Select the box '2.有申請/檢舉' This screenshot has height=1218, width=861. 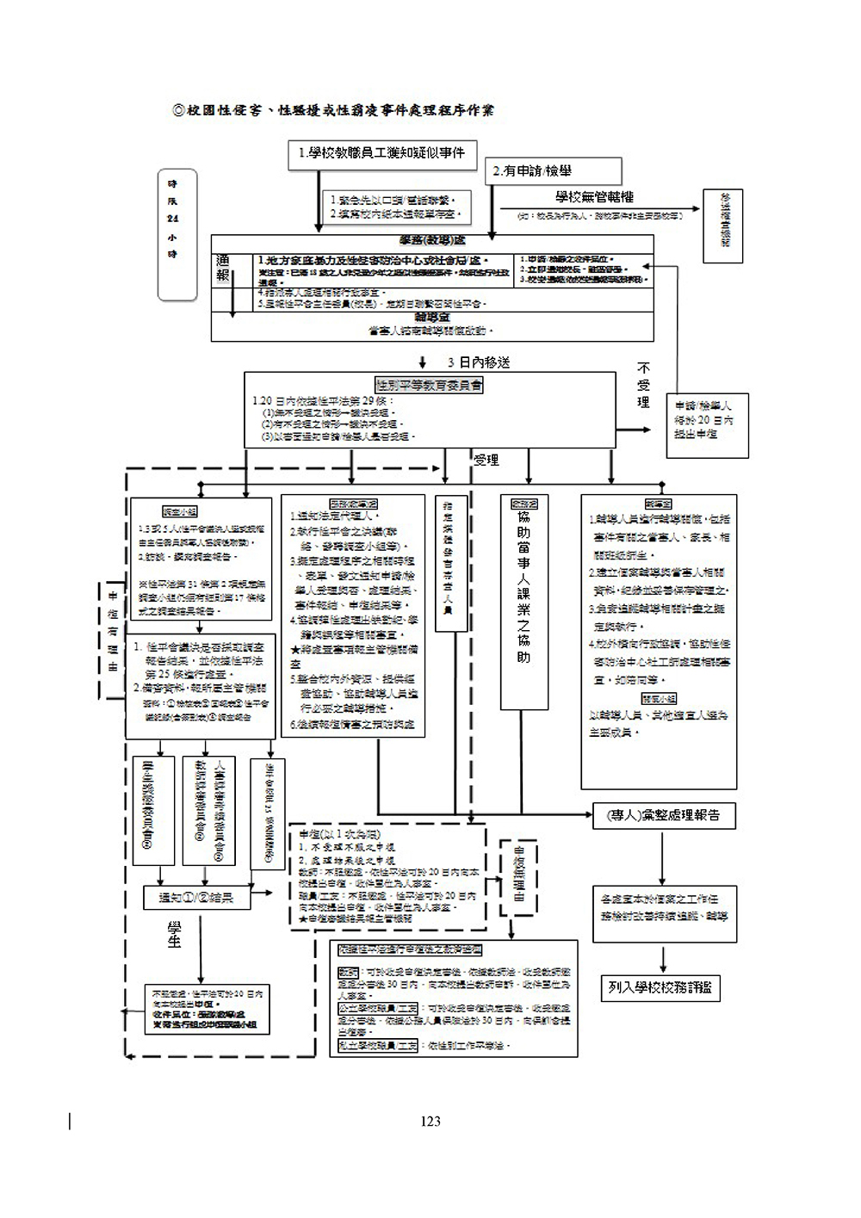(x=554, y=171)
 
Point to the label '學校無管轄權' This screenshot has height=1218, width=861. (x=594, y=198)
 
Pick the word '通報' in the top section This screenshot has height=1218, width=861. (x=222, y=268)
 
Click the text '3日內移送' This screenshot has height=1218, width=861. (x=477, y=362)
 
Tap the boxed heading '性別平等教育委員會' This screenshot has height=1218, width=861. (x=429, y=385)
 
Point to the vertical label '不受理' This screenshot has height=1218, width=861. (x=643, y=385)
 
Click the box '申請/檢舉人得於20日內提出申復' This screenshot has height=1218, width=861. (x=710, y=420)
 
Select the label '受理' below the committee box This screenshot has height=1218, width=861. (x=486, y=461)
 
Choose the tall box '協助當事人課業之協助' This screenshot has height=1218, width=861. (x=524, y=601)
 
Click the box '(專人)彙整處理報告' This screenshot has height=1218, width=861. (x=664, y=815)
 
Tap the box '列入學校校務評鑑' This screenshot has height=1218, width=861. (x=660, y=987)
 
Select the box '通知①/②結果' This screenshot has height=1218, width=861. (x=193, y=898)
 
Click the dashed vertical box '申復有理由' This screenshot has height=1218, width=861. (x=111, y=630)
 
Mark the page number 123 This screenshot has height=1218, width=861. (x=430, y=1121)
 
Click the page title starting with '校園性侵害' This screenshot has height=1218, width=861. (x=333, y=109)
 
